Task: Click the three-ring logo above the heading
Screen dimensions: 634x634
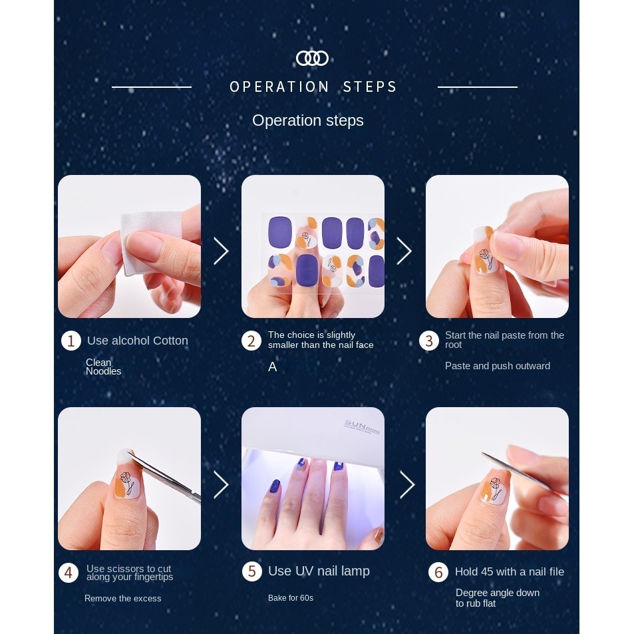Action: (312, 59)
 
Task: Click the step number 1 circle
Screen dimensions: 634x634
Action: (71, 341)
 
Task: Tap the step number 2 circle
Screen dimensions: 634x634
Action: (251, 341)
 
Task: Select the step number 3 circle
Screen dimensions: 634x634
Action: (429, 341)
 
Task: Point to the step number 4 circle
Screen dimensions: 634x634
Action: (69, 573)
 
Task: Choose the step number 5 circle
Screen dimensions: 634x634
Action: (252, 571)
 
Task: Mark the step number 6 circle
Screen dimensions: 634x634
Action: (438, 572)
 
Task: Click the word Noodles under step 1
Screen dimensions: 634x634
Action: (104, 371)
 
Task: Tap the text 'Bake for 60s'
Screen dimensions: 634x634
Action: (291, 597)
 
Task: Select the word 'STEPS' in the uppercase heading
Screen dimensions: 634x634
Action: (370, 87)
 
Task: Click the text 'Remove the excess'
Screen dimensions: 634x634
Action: (123, 599)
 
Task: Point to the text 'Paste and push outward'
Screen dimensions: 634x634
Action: (498, 366)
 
